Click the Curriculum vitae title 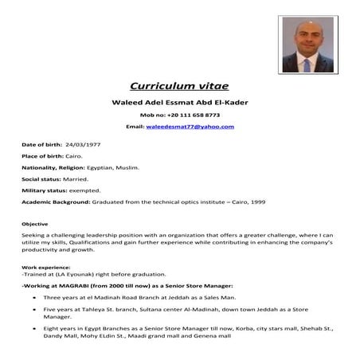(179, 86)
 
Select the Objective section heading (35, 224)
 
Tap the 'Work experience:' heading (45, 268)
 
